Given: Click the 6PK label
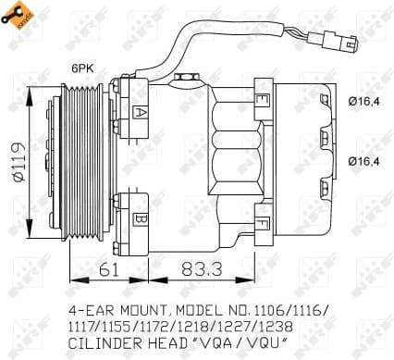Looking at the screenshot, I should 85,67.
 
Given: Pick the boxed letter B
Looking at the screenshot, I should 140,218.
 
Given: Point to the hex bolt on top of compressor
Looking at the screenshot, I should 185,80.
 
